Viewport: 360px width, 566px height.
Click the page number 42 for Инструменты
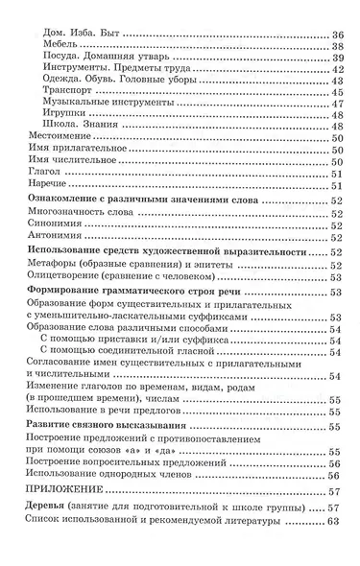pos(335,75)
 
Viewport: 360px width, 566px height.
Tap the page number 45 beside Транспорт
pos(335,118)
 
